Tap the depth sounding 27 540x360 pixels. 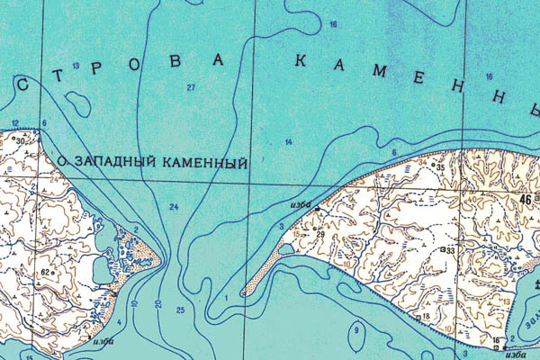(x=191, y=86)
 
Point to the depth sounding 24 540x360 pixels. (x=174, y=207)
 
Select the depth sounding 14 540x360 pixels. (x=289, y=143)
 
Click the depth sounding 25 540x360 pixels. (x=180, y=310)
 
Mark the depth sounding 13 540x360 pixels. (x=76, y=67)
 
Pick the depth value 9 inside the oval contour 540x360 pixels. (x=355, y=330)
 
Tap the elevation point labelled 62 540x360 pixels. (x=45, y=271)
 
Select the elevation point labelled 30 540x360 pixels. (x=19, y=140)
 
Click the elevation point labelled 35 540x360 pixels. (x=440, y=166)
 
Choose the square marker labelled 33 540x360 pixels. (x=447, y=249)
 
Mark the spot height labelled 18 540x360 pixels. (x=425, y=317)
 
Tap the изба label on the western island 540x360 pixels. (x=102, y=340)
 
